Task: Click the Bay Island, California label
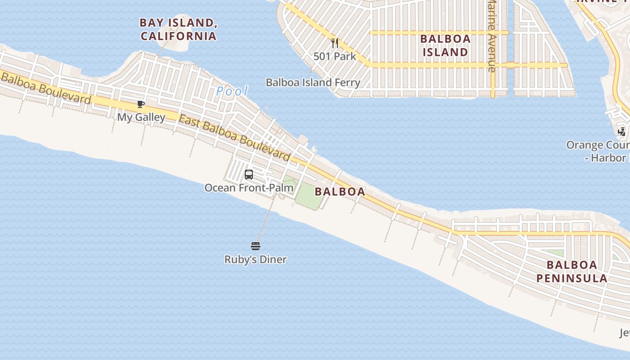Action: pos(178,29)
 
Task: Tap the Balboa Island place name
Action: pos(445,45)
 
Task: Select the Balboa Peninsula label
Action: pos(572,271)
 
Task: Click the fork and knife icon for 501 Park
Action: pos(335,43)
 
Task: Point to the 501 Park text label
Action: pos(335,57)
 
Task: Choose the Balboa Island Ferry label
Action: pos(313,83)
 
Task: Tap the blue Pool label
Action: pos(232,91)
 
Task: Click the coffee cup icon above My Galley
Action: pos(141,105)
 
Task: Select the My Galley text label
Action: pos(141,117)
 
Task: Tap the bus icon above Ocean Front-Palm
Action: pos(249,175)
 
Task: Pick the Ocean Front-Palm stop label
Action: pos(249,188)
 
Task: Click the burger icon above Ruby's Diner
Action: pos(256,246)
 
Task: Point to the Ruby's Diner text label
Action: pos(256,260)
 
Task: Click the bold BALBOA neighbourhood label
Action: pos(340,192)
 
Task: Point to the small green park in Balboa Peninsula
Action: pos(554,253)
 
